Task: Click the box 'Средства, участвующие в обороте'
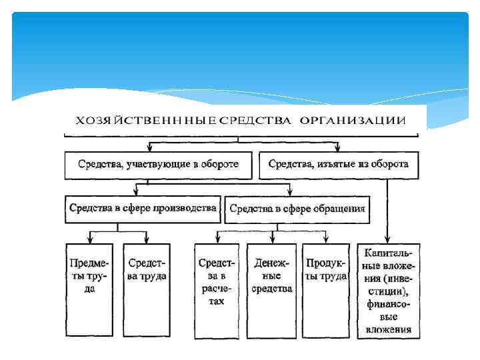point(159,165)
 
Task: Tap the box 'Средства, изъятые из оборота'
point(339,165)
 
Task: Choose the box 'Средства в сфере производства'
point(143,209)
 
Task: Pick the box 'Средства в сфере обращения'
point(297,209)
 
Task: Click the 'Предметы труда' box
point(90,290)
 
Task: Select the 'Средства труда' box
point(147,290)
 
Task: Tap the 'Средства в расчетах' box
point(216,290)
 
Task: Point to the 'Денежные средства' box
point(272,290)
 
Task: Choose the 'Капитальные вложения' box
point(389,290)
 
